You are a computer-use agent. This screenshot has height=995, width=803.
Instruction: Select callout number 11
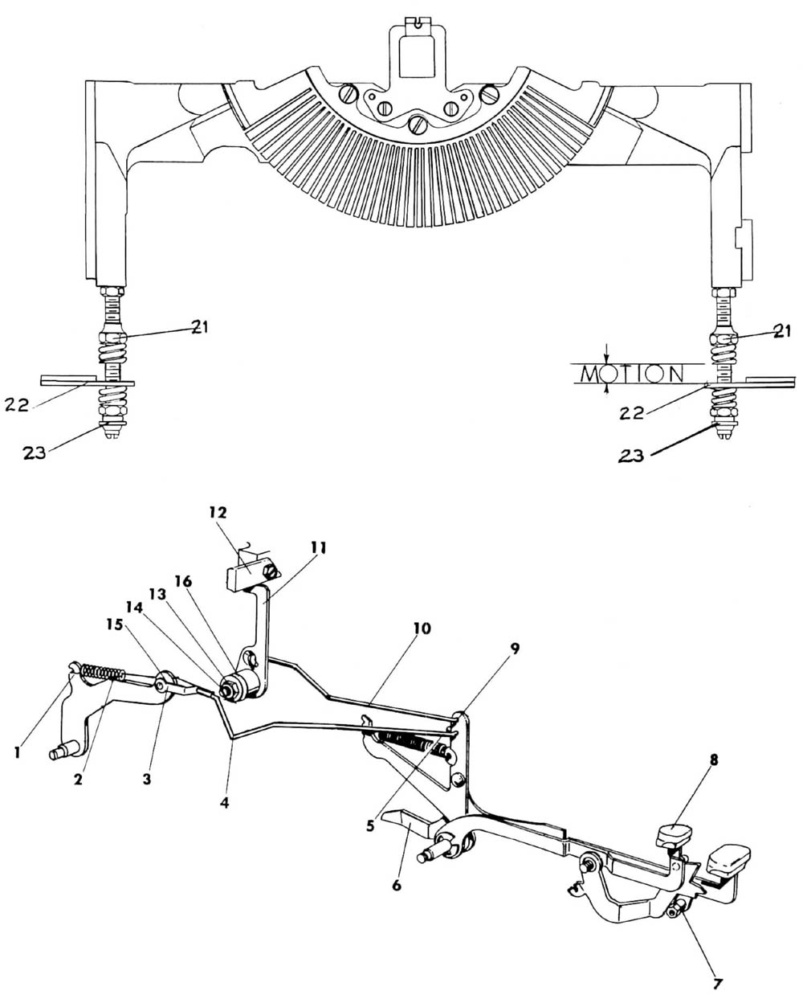click(x=318, y=548)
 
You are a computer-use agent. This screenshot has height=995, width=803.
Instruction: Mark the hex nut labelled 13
click(x=230, y=688)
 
